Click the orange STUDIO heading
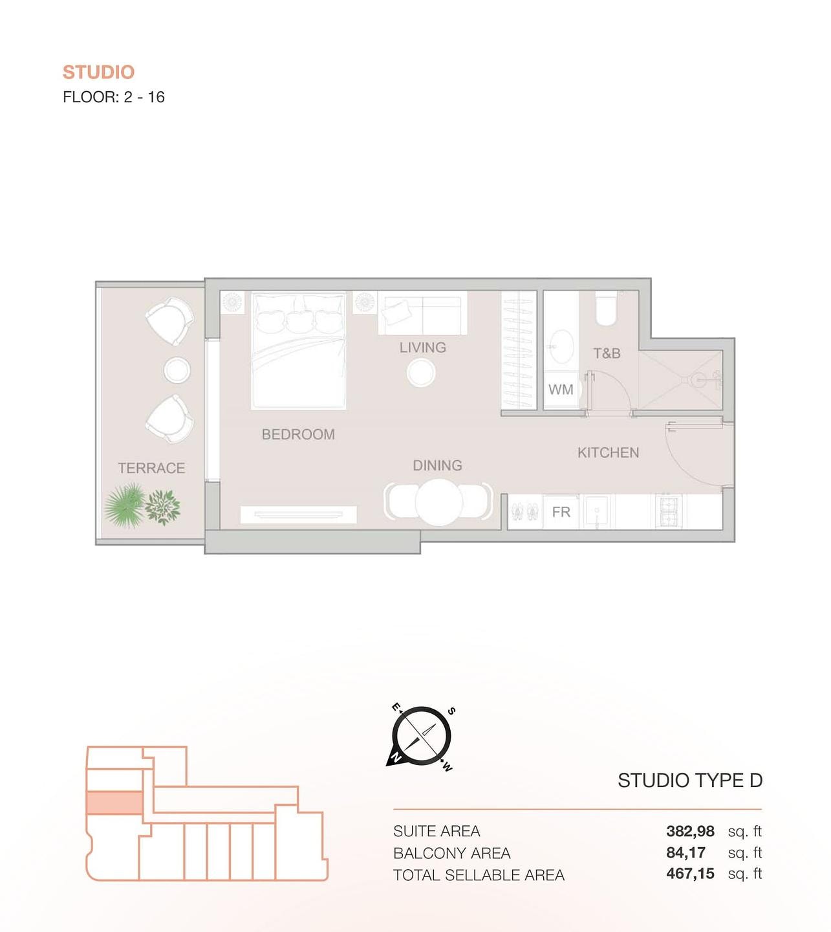tap(98, 72)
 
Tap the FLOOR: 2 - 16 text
tap(114, 97)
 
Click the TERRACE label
tap(151, 468)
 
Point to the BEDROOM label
tap(298, 434)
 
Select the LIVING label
tap(422, 348)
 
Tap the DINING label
tap(438, 465)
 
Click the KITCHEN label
tap(608, 452)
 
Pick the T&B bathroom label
tap(607, 353)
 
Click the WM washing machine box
tap(561, 390)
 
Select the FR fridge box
tap(561, 512)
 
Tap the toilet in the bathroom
tap(606, 308)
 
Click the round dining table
tap(439, 502)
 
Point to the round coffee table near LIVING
tap(421, 373)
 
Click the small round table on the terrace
tap(177, 370)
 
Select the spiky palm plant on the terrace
tap(124, 505)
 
